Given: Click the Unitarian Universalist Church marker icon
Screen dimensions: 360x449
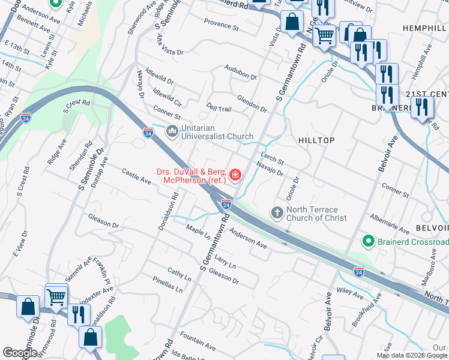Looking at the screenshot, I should (172, 131).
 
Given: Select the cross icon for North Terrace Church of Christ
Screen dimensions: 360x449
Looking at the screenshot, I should (277, 212).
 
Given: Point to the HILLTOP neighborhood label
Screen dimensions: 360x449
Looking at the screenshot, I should (316, 140).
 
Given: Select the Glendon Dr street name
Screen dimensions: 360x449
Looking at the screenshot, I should (252, 104).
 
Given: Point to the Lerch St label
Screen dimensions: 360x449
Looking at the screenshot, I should (272, 158).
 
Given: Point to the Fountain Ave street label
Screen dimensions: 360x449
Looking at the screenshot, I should (197, 343).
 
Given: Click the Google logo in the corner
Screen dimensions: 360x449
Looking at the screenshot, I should (20, 353).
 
